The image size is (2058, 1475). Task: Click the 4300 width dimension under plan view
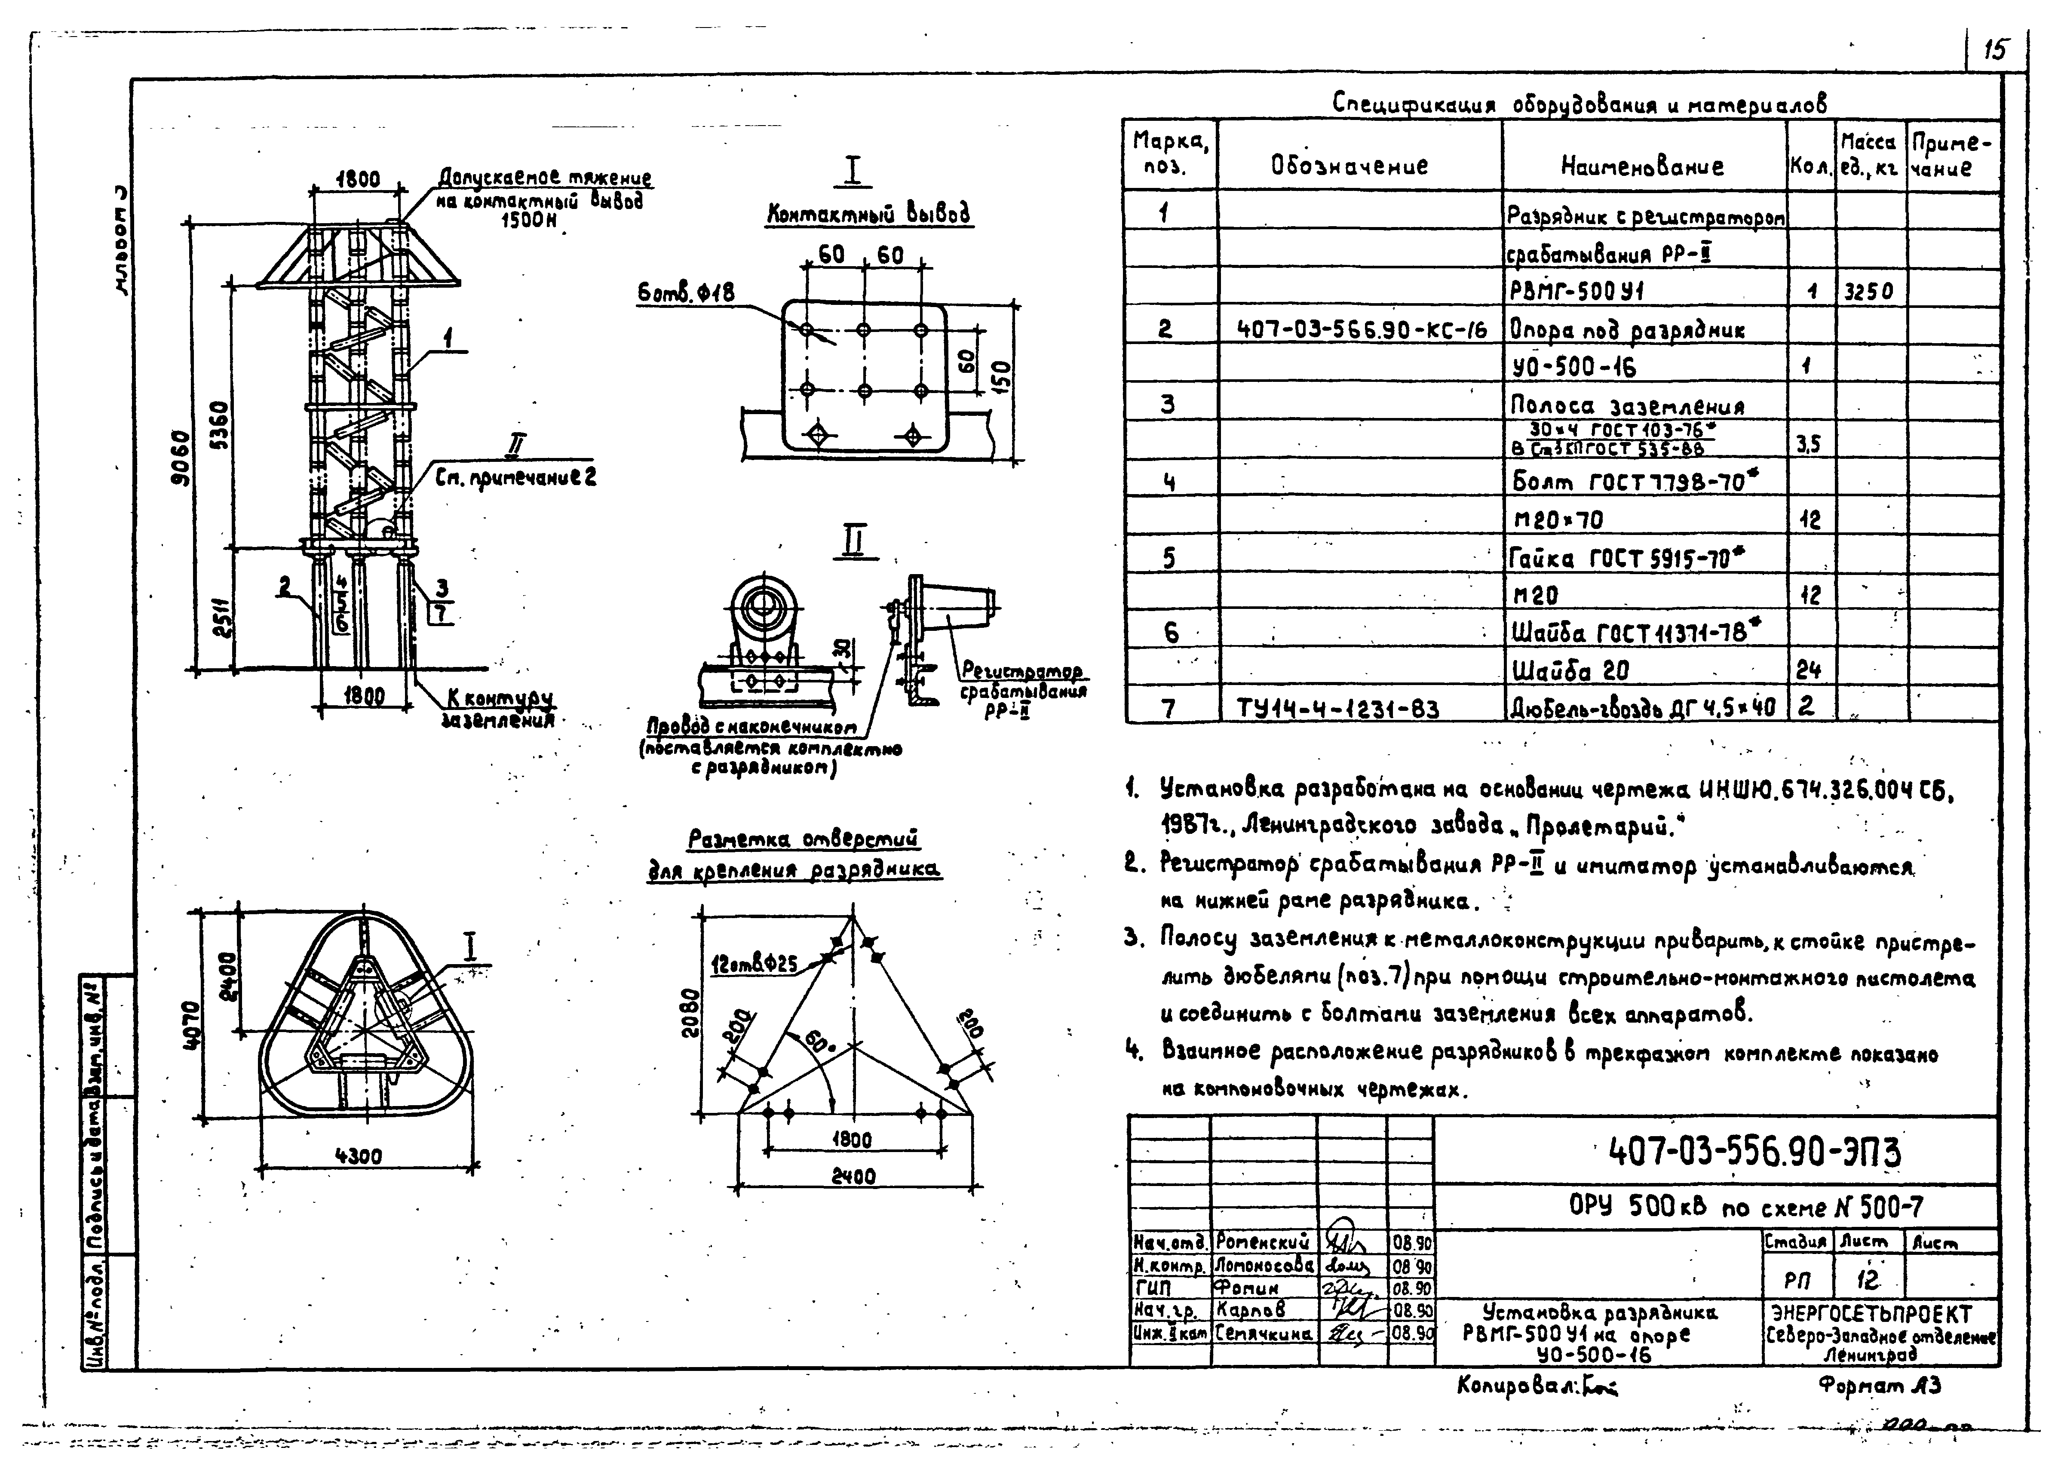(x=359, y=1156)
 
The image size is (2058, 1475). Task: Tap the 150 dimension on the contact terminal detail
(x=1002, y=374)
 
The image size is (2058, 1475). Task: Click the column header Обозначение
(x=1350, y=166)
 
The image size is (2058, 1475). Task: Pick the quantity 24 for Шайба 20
(x=1807, y=671)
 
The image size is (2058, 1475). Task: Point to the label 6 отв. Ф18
(x=685, y=293)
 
